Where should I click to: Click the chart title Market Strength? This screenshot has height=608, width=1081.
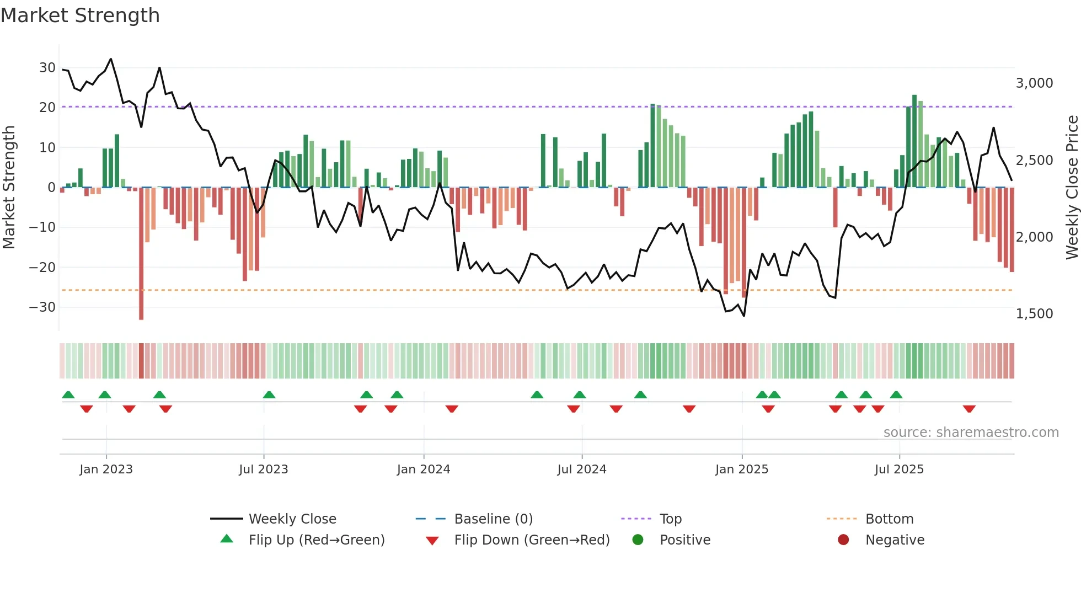pos(80,15)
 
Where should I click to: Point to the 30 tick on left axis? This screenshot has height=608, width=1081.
pos(47,68)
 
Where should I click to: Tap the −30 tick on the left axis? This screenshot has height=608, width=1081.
pos(42,307)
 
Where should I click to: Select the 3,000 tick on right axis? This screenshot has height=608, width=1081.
pos(1034,83)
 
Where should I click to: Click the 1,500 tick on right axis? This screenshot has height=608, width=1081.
pos(1034,314)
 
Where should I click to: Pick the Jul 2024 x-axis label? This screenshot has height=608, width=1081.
pos(581,470)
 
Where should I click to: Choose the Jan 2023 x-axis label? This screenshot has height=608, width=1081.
pos(106,470)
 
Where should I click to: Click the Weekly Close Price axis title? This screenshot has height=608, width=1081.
pos(1072,188)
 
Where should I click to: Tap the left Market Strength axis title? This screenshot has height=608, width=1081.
pos(9,188)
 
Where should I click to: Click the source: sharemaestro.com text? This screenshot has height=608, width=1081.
pos(971,433)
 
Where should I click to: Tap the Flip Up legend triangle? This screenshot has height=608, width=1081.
pos(227,539)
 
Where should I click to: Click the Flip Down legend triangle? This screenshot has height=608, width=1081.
pos(432,541)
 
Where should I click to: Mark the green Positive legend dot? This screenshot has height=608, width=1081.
pos(638,540)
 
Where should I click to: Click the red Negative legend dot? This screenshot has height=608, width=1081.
pos(843,540)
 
